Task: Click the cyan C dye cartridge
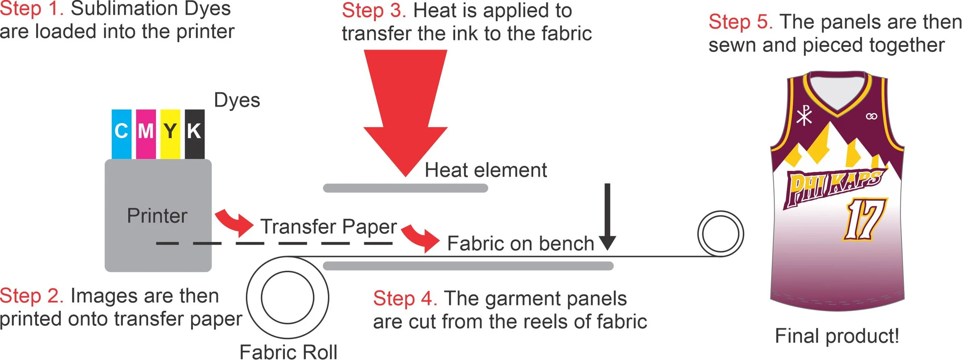click(121, 133)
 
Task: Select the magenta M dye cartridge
click(146, 133)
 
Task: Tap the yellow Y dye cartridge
click(170, 133)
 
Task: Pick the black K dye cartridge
click(194, 133)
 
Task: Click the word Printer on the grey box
click(157, 215)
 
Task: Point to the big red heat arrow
click(406, 112)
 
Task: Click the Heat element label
click(486, 170)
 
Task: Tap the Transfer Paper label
click(329, 227)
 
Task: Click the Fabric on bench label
click(521, 243)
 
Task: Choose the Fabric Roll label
click(288, 352)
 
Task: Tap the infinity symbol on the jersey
click(872, 116)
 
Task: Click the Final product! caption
click(837, 336)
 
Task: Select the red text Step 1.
click(32, 8)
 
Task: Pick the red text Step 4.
click(405, 298)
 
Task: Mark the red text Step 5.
click(741, 22)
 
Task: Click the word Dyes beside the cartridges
click(237, 100)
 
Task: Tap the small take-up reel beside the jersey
click(720, 234)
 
